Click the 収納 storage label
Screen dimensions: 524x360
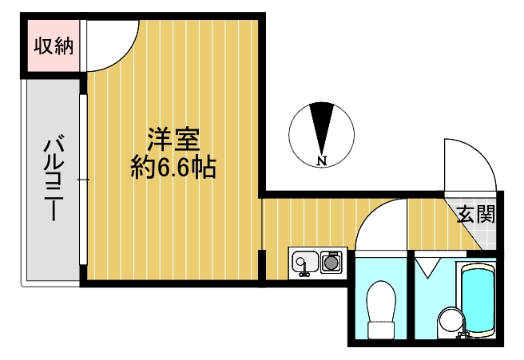[x=54, y=45]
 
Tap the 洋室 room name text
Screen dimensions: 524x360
[x=174, y=140]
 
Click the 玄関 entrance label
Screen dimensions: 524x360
[x=476, y=214]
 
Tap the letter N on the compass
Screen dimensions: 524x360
[x=321, y=161]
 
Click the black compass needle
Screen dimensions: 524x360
[x=321, y=129]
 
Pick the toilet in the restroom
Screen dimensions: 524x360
[x=381, y=310]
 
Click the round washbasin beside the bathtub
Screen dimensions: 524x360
[x=451, y=319]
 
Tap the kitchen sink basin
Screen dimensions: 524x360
[x=305, y=262]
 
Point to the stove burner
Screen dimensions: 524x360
[x=331, y=261]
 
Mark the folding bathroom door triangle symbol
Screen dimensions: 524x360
[x=427, y=267]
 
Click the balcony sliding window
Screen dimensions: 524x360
[x=83, y=180]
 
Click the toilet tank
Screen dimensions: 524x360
[x=381, y=330]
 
